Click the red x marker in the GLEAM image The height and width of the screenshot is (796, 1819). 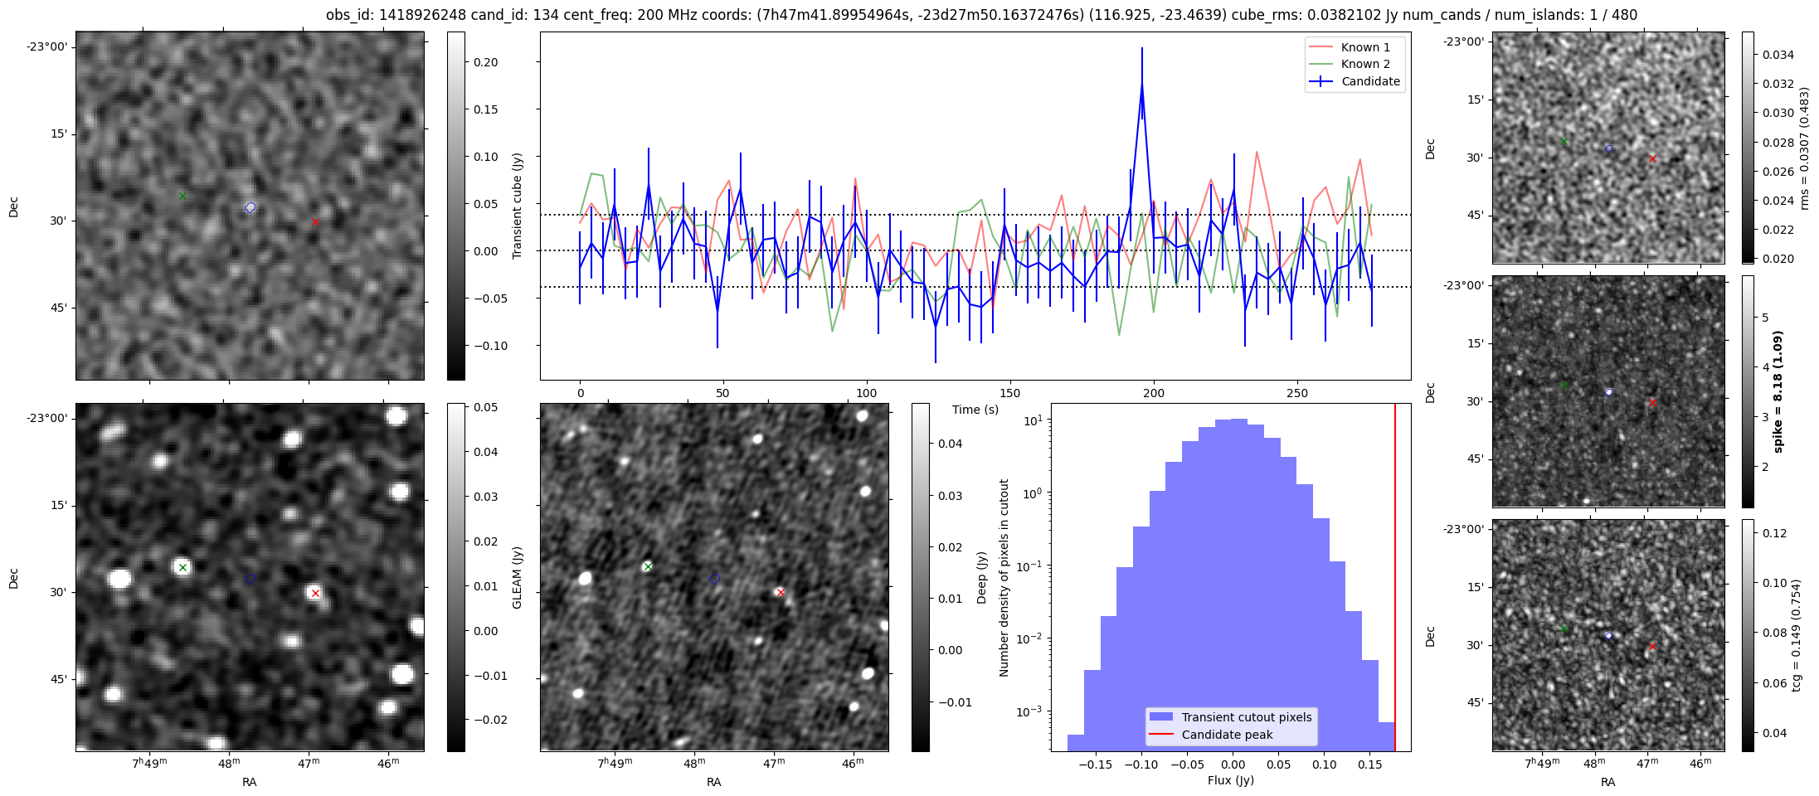pyautogui.click(x=315, y=593)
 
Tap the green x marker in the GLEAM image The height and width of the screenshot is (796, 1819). pyautogui.click(x=182, y=568)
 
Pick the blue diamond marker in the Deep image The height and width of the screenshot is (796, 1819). pyautogui.click(x=715, y=579)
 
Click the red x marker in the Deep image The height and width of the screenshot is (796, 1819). pyautogui.click(x=780, y=592)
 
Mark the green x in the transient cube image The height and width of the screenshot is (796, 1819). pyautogui.click(x=182, y=196)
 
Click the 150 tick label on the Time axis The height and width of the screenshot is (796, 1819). pyautogui.click(x=1010, y=393)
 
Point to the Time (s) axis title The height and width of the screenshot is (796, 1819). pyautogui.click(x=975, y=410)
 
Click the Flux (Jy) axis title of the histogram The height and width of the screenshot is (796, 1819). pyautogui.click(x=1231, y=780)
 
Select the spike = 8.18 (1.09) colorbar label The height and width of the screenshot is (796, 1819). pyautogui.click(x=1778, y=391)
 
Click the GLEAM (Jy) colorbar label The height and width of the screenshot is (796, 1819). pyautogui.click(x=517, y=577)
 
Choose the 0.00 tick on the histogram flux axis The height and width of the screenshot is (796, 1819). pyautogui.click(x=1233, y=764)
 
